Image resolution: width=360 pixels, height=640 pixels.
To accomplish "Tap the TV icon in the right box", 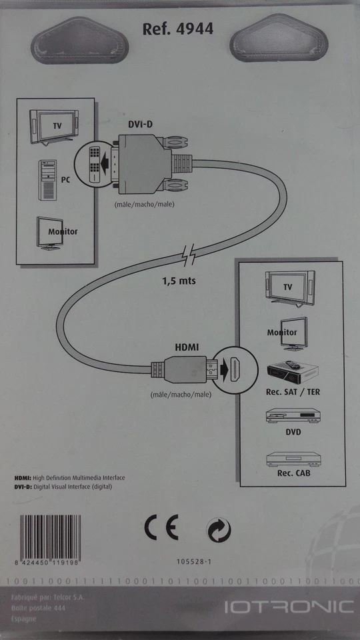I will [x=287, y=285].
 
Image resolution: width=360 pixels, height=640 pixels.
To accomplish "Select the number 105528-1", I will [x=195, y=563].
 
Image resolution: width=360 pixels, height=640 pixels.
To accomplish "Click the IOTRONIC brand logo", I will [x=288, y=607].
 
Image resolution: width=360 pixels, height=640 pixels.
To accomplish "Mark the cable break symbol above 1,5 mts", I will [x=187, y=255].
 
